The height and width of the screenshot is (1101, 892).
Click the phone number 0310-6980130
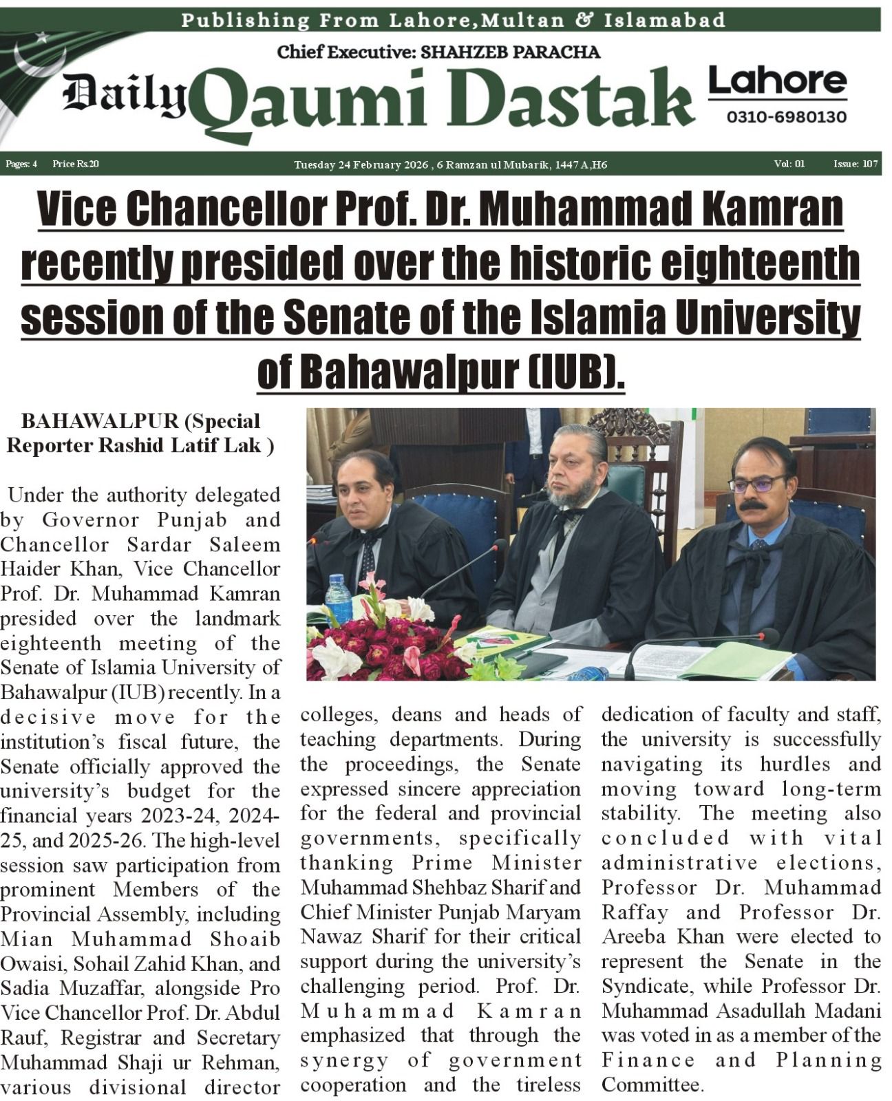[786, 117]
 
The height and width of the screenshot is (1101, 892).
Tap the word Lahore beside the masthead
[777, 81]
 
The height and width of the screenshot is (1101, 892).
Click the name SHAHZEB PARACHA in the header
[510, 52]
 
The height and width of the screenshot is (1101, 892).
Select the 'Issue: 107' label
[855, 164]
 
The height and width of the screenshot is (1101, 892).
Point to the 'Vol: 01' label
[789, 164]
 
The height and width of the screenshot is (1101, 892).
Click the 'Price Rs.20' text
[76, 164]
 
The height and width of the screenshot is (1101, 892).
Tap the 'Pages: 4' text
[21, 164]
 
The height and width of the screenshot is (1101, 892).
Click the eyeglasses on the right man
[756, 484]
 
